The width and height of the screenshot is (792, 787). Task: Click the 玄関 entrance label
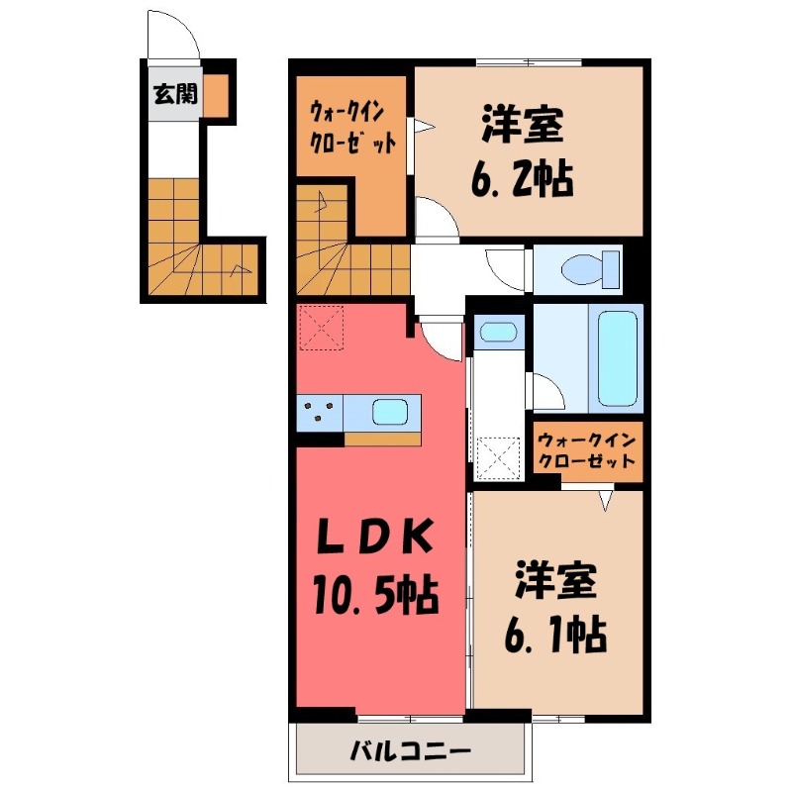[x=174, y=95]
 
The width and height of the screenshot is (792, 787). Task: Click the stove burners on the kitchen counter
[x=320, y=411]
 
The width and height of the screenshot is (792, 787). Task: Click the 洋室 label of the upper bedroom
[x=523, y=126]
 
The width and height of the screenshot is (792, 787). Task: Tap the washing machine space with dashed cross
[x=499, y=457]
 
